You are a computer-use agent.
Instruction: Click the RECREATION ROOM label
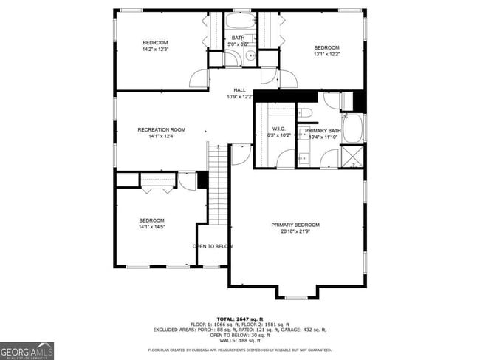coord(161,129)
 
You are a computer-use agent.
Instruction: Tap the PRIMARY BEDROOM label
coord(295,225)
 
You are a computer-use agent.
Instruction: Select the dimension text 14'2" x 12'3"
coord(156,50)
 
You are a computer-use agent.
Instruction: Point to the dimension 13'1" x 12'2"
coord(326,54)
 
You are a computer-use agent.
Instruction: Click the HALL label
coord(240,90)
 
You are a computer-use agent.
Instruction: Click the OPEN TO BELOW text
coord(213,246)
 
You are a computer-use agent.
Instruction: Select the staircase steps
coord(218,185)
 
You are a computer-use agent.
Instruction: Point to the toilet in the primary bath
coord(306,112)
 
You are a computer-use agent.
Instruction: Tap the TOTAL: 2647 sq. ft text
coord(239,319)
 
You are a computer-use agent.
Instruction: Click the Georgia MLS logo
coord(27,350)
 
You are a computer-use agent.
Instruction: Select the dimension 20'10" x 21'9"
coord(295,232)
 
